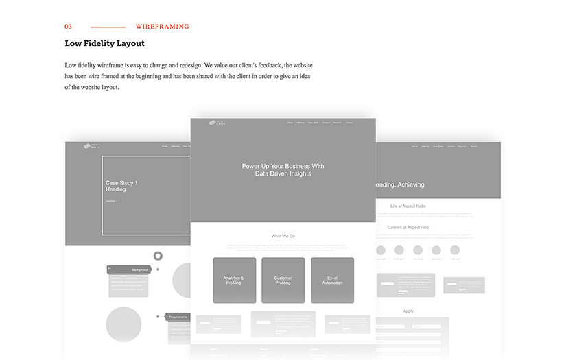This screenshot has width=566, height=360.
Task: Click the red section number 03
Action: pos(68,27)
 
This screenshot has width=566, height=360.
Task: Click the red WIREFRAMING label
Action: pos(162,27)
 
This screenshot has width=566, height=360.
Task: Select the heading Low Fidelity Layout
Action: pos(104,43)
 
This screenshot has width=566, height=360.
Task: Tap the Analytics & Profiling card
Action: pos(234,280)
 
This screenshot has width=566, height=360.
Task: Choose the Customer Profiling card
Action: pos(283,280)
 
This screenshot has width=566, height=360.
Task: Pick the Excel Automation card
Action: pos(332,280)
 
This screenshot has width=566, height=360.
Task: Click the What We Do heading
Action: pos(283,236)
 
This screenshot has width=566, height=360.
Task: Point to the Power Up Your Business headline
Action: pos(283,170)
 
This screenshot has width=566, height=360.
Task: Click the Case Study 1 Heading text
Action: pos(121,186)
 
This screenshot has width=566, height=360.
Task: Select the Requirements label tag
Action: pos(177,317)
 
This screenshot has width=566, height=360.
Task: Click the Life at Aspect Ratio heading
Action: pos(408,206)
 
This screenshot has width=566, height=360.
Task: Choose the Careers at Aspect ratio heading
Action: pos(408,227)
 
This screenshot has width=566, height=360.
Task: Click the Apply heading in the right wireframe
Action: pos(408,311)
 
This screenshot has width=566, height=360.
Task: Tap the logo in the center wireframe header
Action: pos(217,123)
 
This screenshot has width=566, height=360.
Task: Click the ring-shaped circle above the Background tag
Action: pos(158,256)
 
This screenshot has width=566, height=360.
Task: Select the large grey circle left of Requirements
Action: pos(123,324)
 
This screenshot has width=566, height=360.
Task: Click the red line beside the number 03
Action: pos(107,27)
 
